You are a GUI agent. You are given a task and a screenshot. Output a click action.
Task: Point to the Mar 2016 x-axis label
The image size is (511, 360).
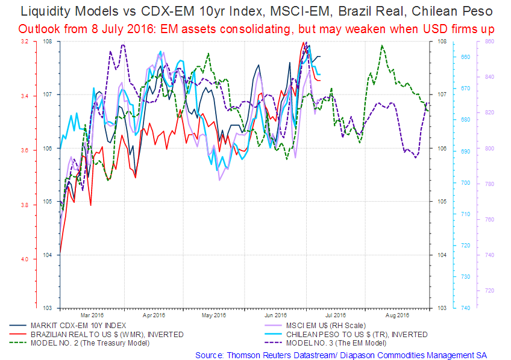pos(93,315)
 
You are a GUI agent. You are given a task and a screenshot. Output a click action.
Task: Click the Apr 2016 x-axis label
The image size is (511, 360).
pos(154,315)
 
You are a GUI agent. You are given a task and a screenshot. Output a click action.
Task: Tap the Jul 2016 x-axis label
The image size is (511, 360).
pos(336,315)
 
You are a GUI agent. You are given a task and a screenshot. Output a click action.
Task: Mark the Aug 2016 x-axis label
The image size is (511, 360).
pos(397,315)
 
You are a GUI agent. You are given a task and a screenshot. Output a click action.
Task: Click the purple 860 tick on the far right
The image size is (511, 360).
pos(489,41)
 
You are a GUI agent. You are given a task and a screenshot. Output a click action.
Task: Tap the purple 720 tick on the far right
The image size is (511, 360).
pos(489,291)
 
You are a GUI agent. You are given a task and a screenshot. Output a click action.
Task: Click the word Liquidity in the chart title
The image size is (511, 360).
pos(43,11)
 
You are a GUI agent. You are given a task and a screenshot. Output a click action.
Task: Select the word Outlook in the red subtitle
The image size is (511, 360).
pos(37,28)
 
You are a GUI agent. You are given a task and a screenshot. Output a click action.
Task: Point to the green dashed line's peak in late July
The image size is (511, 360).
pos(381,46)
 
